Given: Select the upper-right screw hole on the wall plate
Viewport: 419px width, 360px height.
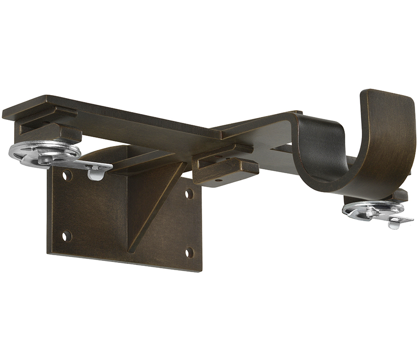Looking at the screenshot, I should [189, 194].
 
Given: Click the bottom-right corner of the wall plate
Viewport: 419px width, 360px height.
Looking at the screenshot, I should [200, 270].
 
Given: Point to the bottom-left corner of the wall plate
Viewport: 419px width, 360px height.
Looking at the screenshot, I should [48, 252].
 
